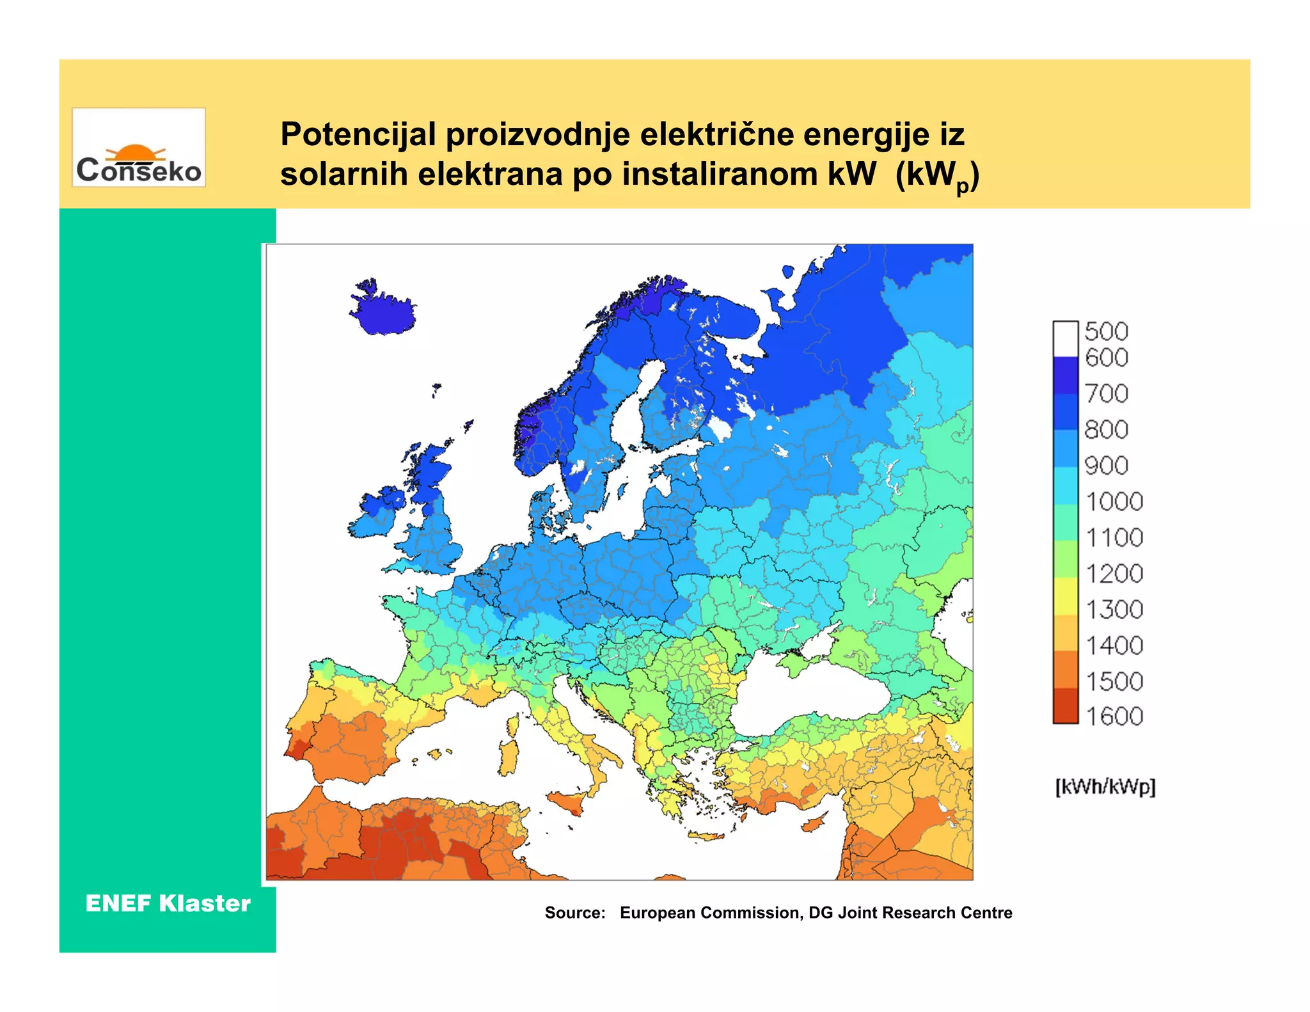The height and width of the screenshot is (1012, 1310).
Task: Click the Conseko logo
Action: (139, 148)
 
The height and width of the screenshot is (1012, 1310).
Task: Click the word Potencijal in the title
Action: (358, 135)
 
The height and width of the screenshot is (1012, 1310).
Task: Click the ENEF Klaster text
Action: (168, 904)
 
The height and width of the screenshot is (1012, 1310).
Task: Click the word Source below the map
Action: (574, 913)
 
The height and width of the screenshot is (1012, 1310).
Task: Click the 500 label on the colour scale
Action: (1106, 331)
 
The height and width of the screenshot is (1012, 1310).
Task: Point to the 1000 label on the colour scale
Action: (1114, 502)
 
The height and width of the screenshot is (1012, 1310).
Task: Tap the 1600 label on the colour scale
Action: (1114, 716)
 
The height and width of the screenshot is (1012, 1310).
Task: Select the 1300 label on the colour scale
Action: (1114, 609)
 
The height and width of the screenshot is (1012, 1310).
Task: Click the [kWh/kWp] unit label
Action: (1105, 786)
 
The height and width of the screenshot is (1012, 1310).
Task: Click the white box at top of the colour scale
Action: (1065, 338)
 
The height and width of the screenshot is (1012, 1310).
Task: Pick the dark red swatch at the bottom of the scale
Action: (1065, 706)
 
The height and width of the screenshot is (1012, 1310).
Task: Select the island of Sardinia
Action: (508, 757)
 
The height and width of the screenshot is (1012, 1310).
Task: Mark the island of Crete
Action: (707, 836)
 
